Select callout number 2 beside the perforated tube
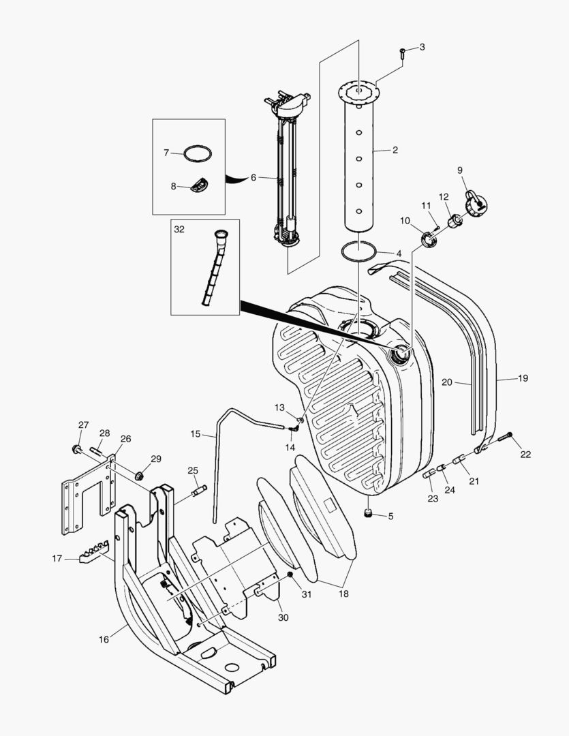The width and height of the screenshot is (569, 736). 395,149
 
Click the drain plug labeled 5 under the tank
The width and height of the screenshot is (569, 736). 369,512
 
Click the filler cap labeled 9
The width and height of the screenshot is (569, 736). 475,202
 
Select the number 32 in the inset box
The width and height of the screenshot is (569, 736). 179,230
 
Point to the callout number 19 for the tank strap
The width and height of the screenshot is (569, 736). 523,378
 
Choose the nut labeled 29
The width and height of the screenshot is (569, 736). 140,475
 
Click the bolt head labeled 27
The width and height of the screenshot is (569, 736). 77,449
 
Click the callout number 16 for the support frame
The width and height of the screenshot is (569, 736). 104,639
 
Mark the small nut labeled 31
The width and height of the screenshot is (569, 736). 290,576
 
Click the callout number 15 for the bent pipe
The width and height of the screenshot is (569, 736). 196,434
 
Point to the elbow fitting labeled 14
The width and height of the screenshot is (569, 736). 295,429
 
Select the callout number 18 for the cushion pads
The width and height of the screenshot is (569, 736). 343,594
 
